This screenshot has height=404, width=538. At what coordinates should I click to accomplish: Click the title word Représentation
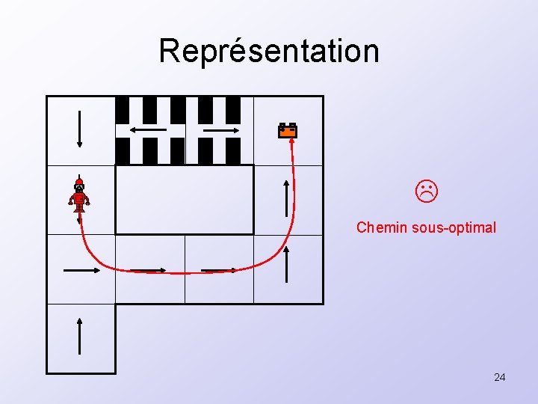269,51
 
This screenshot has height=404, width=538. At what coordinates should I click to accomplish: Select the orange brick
288,131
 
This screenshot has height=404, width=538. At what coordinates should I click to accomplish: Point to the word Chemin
382,227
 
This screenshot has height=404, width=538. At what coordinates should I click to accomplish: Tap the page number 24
499,377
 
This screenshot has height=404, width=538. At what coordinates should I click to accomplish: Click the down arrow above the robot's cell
80,129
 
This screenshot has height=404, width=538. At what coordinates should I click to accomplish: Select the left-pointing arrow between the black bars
148,130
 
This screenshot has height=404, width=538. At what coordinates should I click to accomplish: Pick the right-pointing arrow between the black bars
219,130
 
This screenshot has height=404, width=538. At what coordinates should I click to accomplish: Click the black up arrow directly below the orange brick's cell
287,198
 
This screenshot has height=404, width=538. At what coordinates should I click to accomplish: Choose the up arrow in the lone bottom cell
80,336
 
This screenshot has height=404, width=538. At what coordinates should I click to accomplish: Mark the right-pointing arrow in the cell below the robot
81,269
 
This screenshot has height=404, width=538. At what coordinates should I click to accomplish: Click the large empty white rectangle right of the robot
185,200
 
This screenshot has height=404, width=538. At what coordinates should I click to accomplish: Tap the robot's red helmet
79,181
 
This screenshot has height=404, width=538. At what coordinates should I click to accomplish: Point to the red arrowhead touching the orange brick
291,142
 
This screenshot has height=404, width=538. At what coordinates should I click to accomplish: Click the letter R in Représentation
170,51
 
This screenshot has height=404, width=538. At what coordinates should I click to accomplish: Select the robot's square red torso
79,198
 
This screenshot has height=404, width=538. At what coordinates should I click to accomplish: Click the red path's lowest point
183,273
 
